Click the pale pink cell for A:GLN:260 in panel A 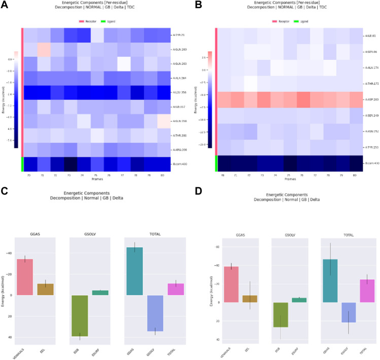(44, 50)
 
